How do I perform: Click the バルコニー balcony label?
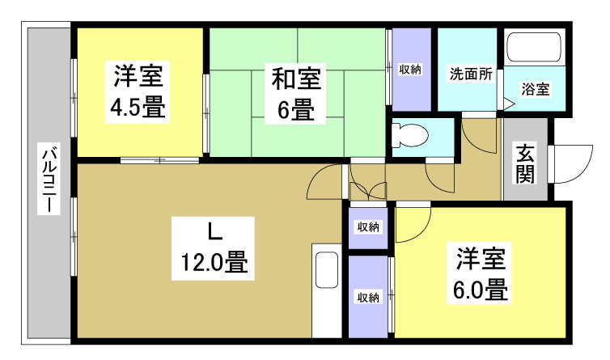pyautogui.click(x=49, y=179)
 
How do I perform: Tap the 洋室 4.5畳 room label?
pyautogui.click(x=138, y=92)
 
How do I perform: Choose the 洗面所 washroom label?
pyautogui.click(x=470, y=72)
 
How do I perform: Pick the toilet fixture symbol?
pyautogui.click(x=409, y=135)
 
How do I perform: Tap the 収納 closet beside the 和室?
pyautogui.click(x=410, y=70)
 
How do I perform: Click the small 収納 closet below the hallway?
pyautogui.click(x=369, y=227)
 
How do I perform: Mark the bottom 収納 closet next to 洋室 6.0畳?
pyautogui.click(x=368, y=297)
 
